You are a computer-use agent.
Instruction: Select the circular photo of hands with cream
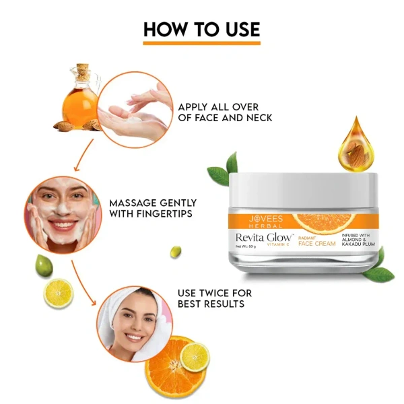(x=134, y=110)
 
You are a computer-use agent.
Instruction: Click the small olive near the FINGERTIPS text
(x=175, y=251)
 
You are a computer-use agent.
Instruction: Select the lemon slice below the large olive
(x=59, y=293)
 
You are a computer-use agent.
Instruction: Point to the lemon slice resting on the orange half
(x=195, y=356)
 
